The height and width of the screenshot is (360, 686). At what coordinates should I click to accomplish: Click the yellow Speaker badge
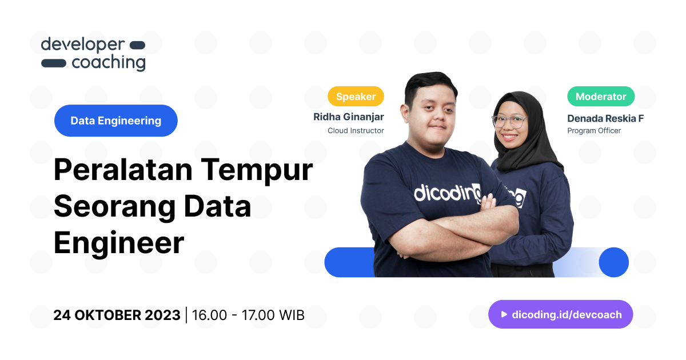(356, 97)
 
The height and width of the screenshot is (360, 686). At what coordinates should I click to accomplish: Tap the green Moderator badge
(601, 97)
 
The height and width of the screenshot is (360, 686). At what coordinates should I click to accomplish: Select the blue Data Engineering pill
(116, 121)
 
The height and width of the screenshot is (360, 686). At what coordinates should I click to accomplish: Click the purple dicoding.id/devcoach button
(560, 314)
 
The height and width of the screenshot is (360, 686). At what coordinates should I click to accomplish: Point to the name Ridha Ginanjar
(348, 117)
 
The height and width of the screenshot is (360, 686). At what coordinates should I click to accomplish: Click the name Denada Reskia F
(605, 118)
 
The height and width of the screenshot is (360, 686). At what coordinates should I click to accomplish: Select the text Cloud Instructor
(356, 131)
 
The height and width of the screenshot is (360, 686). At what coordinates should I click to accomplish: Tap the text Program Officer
(594, 131)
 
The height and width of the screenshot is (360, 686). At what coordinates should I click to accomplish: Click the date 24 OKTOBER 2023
(117, 315)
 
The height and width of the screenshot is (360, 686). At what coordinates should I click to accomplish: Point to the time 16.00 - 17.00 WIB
(248, 315)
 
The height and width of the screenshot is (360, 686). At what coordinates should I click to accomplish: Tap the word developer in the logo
(82, 45)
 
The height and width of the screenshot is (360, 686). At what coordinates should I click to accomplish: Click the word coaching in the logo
(109, 62)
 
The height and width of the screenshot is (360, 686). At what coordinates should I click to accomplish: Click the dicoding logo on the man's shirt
(446, 192)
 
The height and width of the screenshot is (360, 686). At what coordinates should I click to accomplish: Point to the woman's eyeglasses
(509, 121)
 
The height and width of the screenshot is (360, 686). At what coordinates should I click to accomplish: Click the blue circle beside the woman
(613, 262)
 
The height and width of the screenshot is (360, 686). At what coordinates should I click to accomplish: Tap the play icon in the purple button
(504, 314)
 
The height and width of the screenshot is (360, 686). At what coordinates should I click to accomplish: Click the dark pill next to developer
(138, 45)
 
